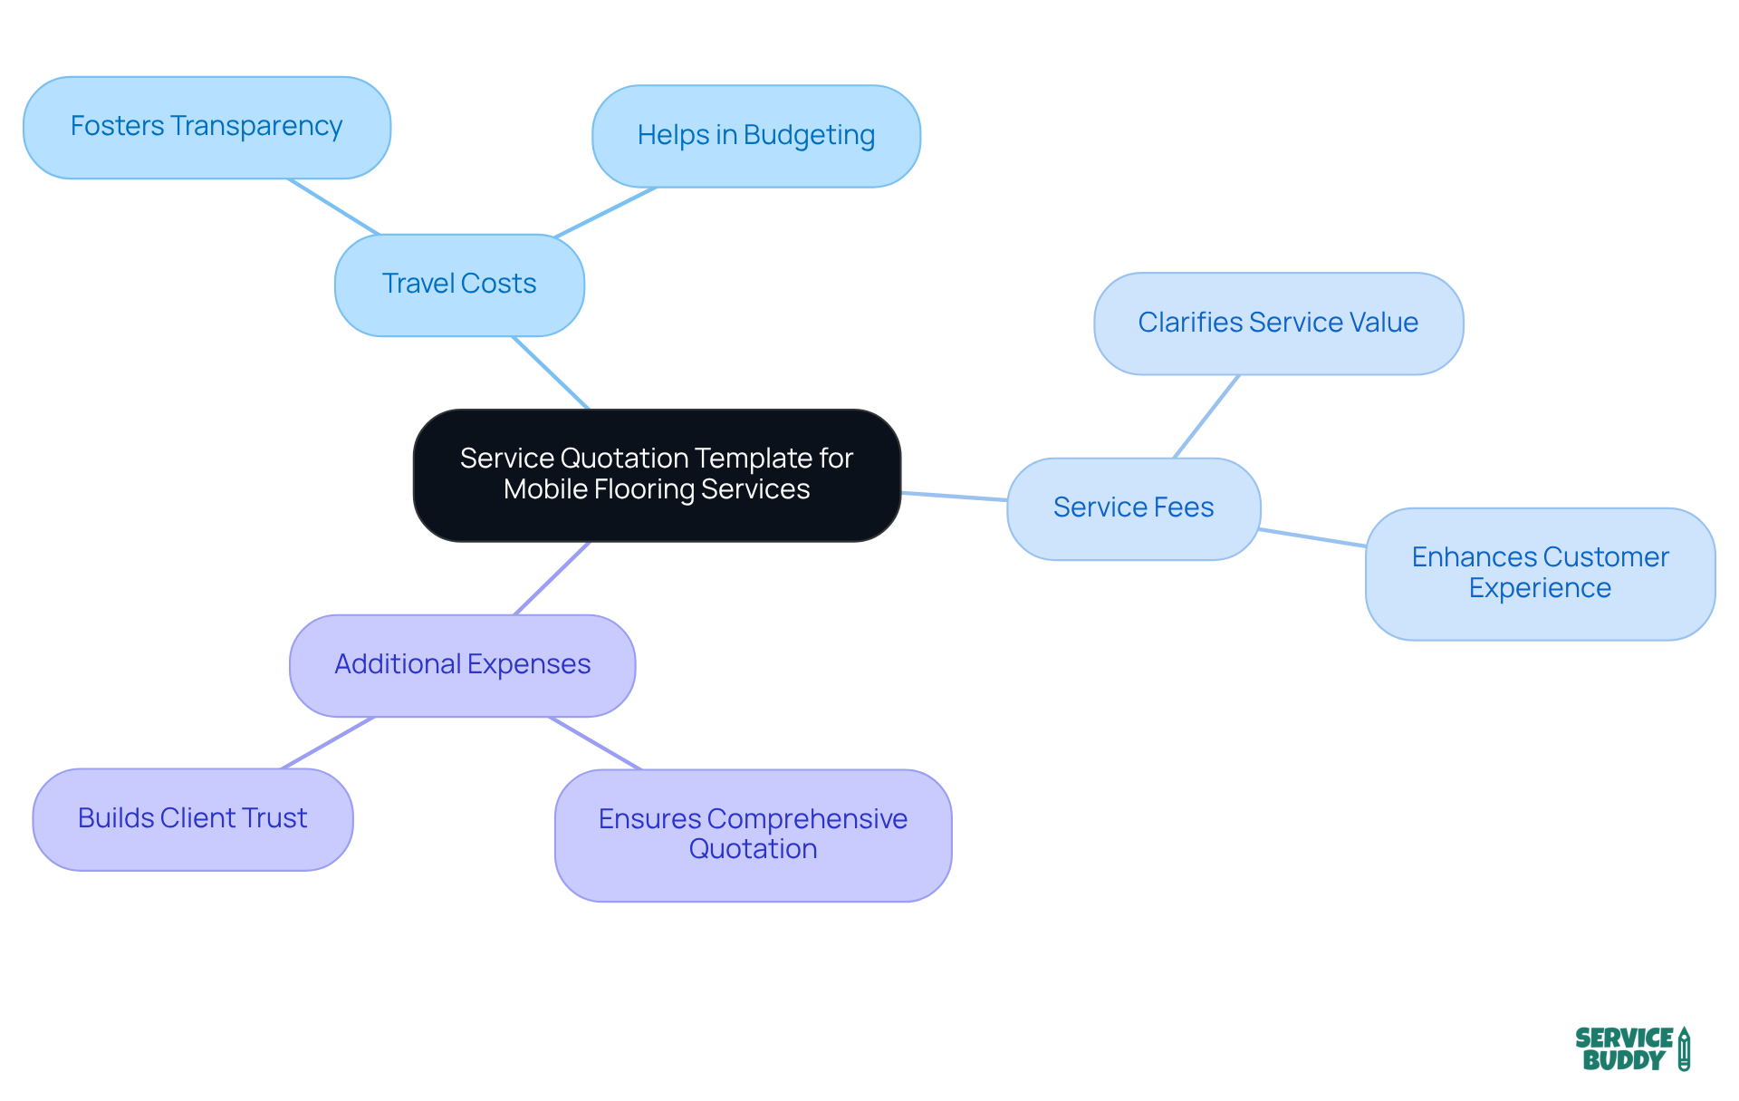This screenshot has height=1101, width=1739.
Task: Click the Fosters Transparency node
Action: tap(207, 128)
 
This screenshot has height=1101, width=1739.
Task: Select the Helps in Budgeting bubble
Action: tap(756, 137)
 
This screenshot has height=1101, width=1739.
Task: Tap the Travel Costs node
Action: tap(459, 285)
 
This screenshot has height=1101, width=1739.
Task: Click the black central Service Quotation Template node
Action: tap(657, 475)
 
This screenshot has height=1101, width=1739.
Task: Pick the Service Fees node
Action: tap(1133, 508)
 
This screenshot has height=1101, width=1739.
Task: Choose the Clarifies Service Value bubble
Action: tap(1278, 324)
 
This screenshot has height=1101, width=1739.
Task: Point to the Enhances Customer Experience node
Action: tap(1540, 574)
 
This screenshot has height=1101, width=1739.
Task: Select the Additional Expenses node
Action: tap(462, 665)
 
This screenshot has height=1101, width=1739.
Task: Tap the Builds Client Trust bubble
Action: tap(193, 819)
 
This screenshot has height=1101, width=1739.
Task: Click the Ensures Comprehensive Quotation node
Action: tap(753, 835)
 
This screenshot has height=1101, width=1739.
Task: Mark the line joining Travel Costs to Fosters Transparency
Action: tap(333, 207)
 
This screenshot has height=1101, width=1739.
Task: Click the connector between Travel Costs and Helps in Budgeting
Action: tap(605, 213)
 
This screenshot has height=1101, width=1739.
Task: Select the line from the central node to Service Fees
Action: tap(954, 497)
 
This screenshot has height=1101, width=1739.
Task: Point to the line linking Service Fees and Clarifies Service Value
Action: tap(1206, 416)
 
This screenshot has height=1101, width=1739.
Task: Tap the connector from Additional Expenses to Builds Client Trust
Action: tap(328, 743)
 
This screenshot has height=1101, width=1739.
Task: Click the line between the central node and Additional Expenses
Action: tap(552, 578)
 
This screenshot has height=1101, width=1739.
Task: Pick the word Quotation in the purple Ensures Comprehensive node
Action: tap(753, 850)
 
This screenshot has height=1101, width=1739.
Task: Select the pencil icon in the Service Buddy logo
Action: tap(1684, 1048)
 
